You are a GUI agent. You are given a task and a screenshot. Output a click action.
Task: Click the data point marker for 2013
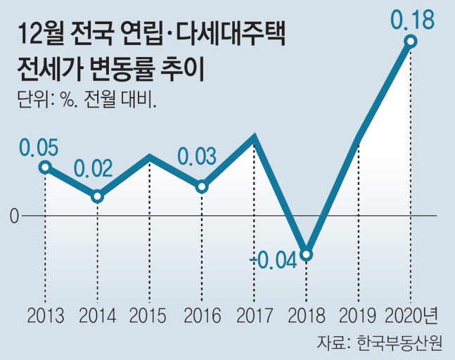45,167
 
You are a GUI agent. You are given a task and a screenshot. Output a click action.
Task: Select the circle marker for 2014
98,196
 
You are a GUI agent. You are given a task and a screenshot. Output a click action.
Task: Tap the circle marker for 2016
202,186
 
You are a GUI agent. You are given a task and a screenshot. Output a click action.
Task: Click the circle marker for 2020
411,42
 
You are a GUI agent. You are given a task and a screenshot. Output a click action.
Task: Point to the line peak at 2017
255,136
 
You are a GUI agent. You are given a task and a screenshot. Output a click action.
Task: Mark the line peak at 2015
150,156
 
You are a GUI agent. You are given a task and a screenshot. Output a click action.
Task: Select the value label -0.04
274,262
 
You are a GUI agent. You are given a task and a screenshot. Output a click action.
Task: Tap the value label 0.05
38,148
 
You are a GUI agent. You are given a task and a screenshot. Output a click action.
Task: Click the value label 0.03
197,156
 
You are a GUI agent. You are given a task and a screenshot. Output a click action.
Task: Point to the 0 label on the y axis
14,216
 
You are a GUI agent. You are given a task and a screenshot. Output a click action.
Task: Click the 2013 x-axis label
46,314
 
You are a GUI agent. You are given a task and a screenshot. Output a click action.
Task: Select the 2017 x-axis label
254,314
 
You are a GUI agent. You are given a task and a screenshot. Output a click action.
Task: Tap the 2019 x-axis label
358,314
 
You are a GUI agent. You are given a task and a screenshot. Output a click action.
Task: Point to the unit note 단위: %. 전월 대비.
86,98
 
